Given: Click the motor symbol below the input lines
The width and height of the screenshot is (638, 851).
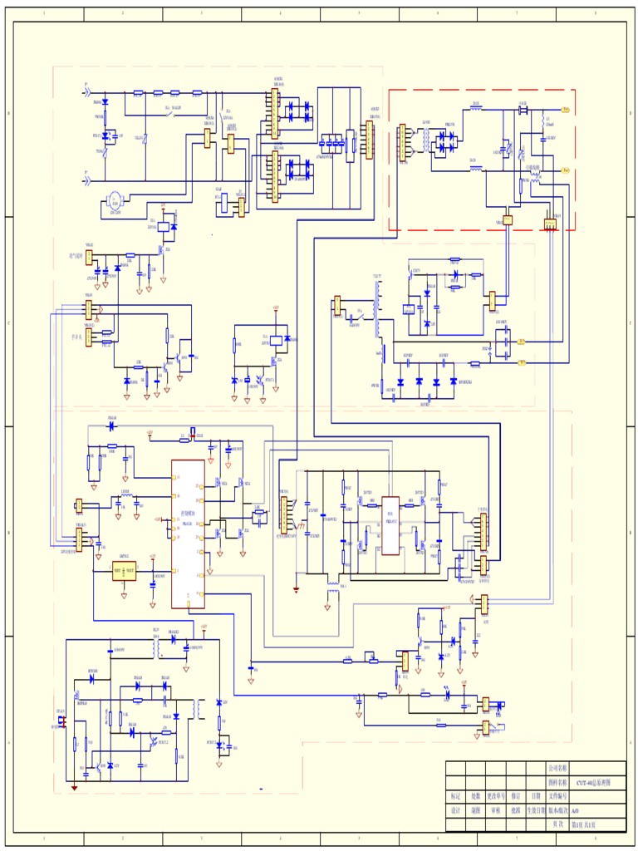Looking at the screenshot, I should pos(115,199).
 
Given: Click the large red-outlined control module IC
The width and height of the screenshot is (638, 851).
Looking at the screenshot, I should pos(188,534).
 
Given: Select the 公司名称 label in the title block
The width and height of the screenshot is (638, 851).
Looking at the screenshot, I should pos(557,768).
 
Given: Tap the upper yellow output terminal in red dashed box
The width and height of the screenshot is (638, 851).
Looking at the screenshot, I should pos(565,110).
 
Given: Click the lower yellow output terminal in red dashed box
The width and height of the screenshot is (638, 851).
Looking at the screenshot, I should pos(565,170).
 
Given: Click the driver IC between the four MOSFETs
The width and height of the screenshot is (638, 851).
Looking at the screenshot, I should pos(390,514).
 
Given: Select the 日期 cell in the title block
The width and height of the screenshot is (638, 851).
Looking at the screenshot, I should pos(536,795).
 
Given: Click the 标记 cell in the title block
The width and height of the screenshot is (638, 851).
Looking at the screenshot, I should pos(455,795).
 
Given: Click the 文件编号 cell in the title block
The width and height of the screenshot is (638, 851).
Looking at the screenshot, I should pos(557,795).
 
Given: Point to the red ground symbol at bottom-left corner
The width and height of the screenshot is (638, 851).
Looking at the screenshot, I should pos(75,786).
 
